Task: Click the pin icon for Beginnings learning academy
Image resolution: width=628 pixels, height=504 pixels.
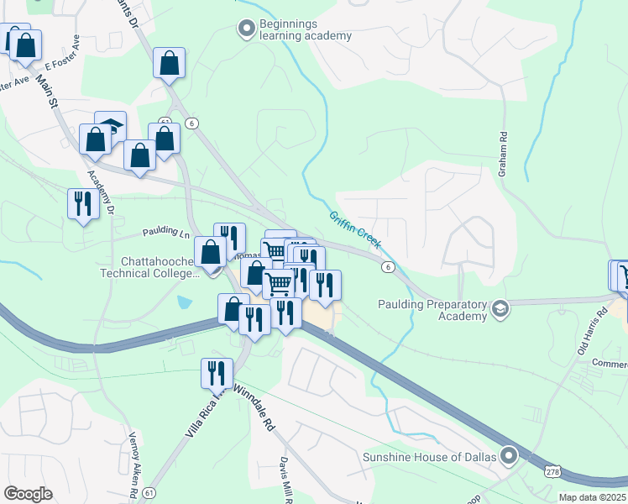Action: tap(246, 29)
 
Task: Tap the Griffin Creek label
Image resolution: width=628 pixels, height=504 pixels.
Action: tap(355, 229)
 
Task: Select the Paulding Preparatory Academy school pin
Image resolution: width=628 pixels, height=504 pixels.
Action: tap(500, 309)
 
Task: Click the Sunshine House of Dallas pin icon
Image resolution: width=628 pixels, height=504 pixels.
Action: tap(509, 456)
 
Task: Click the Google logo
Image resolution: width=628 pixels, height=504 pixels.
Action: tap(28, 493)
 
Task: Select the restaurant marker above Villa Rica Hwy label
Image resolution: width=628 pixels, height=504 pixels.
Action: tap(217, 372)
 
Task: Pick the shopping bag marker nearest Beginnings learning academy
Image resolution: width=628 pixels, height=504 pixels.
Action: tap(170, 63)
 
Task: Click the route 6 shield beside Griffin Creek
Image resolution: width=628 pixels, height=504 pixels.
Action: tap(387, 266)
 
